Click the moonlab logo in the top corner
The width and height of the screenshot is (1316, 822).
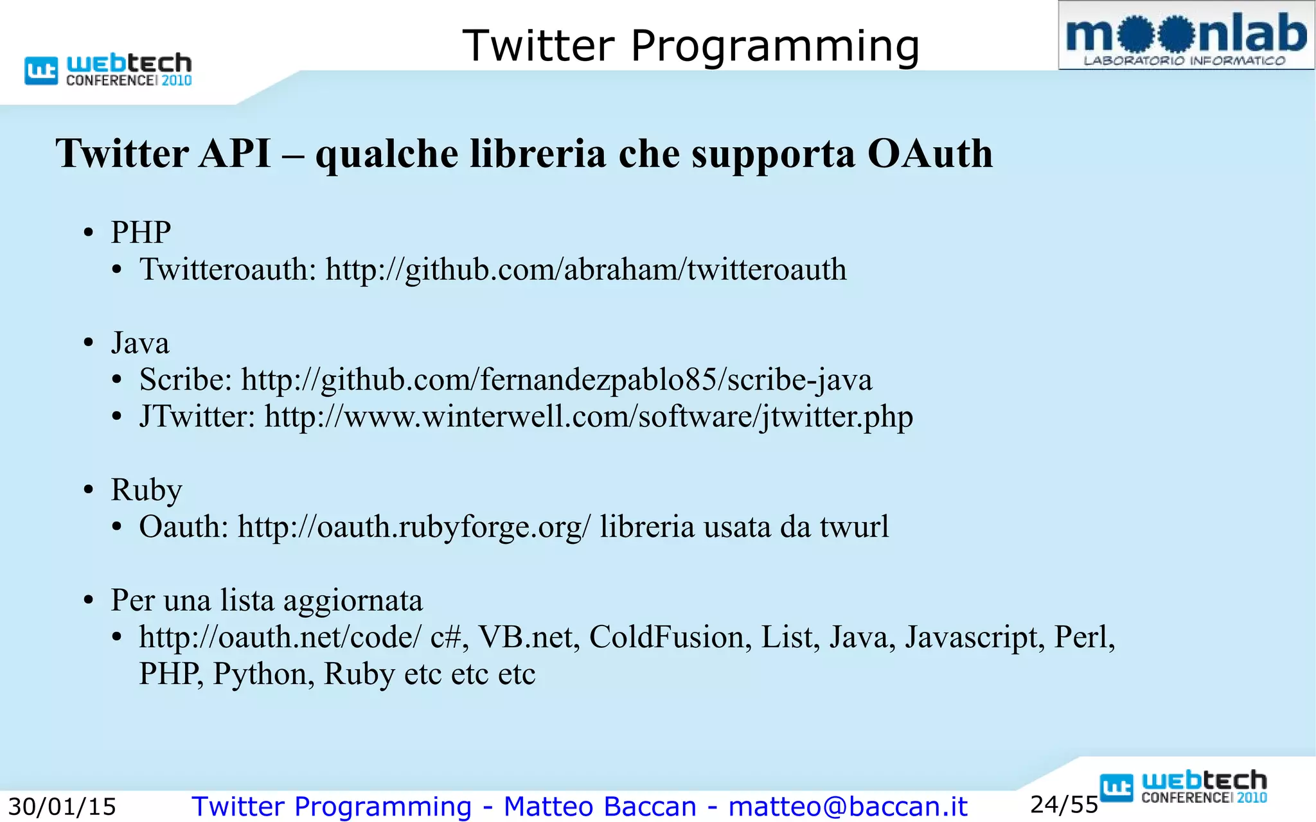point(1186,36)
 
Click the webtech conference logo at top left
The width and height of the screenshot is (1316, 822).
point(108,70)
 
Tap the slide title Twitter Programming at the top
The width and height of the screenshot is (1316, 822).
point(691,46)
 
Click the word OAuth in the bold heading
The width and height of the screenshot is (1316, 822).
point(929,154)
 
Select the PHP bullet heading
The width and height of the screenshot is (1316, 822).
point(141,232)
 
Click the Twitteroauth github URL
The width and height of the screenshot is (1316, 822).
point(585,269)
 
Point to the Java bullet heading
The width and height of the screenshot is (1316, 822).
point(140,343)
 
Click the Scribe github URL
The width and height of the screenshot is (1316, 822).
point(556,380)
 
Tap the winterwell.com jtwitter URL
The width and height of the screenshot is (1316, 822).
point(589,416)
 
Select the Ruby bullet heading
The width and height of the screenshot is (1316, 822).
point(147,490)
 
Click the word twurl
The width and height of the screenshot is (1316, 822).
point(854,527)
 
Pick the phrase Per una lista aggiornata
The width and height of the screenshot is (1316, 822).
point(267,600)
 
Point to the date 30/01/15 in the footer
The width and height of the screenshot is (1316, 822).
point(62,807)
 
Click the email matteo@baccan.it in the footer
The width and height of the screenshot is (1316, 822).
point(848,807)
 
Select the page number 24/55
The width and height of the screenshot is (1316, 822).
point(1064,805)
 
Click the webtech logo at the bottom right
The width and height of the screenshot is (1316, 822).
point(1184,787)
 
